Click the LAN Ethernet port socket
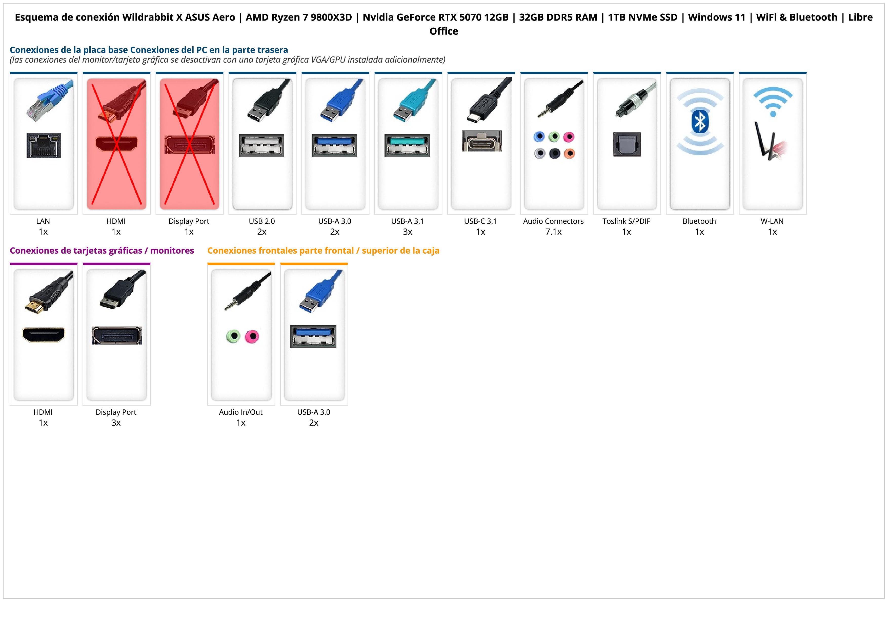44,145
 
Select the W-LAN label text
772,221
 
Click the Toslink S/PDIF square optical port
627,144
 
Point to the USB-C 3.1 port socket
481,141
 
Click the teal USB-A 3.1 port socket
407,145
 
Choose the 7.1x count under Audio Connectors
553,232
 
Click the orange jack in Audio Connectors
569,154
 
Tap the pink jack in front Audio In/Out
252,336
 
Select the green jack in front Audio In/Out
233,336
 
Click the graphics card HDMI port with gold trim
44,335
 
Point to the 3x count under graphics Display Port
116,423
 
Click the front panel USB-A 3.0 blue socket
313,336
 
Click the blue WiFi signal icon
773,101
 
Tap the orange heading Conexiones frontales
323,251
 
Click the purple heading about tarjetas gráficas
102,251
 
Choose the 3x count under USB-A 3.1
408,232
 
